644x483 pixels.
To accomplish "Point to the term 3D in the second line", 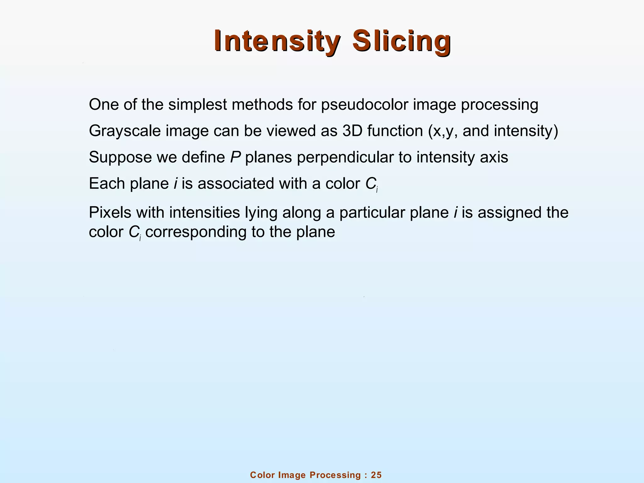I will pyautogui.click(x=352, y=131).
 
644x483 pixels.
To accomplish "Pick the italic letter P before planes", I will pyautogui.click(x=235, y=157).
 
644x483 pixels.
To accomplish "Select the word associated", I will pyautogui.click(x=236, y=183).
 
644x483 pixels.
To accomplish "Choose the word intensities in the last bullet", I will pyautogui.click(x=204, y=213).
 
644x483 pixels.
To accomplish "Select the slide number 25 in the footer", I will pyautogui.click(x=376, y=475).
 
